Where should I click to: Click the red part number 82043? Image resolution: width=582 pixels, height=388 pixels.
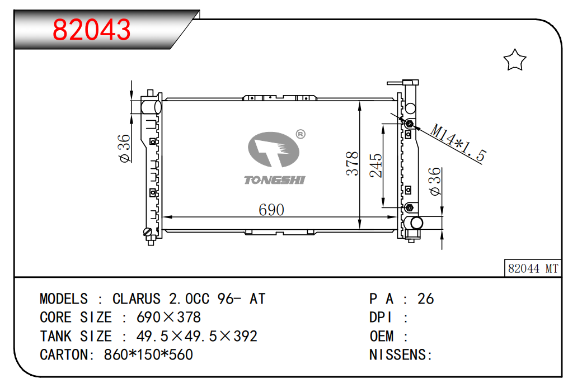92,29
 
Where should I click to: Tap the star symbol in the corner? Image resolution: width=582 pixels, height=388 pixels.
515,60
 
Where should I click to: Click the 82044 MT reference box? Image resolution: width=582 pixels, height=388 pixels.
533,268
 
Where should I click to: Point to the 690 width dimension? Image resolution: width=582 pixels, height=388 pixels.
271,210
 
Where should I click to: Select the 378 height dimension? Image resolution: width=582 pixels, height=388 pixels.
352,163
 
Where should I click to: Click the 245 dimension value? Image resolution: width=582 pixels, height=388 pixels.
376,165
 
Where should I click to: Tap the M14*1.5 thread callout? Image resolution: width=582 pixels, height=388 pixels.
458,143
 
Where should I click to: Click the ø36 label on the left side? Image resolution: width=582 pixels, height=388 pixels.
124,149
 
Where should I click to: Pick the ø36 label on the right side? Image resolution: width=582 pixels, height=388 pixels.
435,181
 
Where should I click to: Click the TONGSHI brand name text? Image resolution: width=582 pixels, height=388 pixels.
274,180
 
